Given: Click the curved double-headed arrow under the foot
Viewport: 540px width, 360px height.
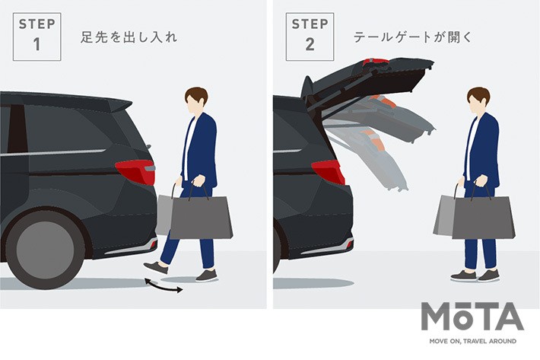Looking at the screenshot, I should tap(164, 287).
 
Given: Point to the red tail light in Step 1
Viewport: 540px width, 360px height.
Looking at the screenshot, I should tap(135, 171).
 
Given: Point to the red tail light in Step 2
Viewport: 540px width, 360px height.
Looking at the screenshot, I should tap(328, 170).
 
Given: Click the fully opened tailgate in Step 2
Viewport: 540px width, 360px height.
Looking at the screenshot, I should tap(365, 76).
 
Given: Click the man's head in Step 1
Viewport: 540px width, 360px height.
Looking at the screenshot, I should tap(197, 100).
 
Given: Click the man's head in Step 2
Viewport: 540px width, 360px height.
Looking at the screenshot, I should tap(478, 100).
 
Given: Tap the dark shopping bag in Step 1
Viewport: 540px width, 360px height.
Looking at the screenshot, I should tap(201, 219).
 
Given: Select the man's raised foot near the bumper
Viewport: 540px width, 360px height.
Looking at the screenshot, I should tap(156, 267).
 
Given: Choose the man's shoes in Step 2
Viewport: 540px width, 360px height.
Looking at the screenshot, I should tap(475, 275).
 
